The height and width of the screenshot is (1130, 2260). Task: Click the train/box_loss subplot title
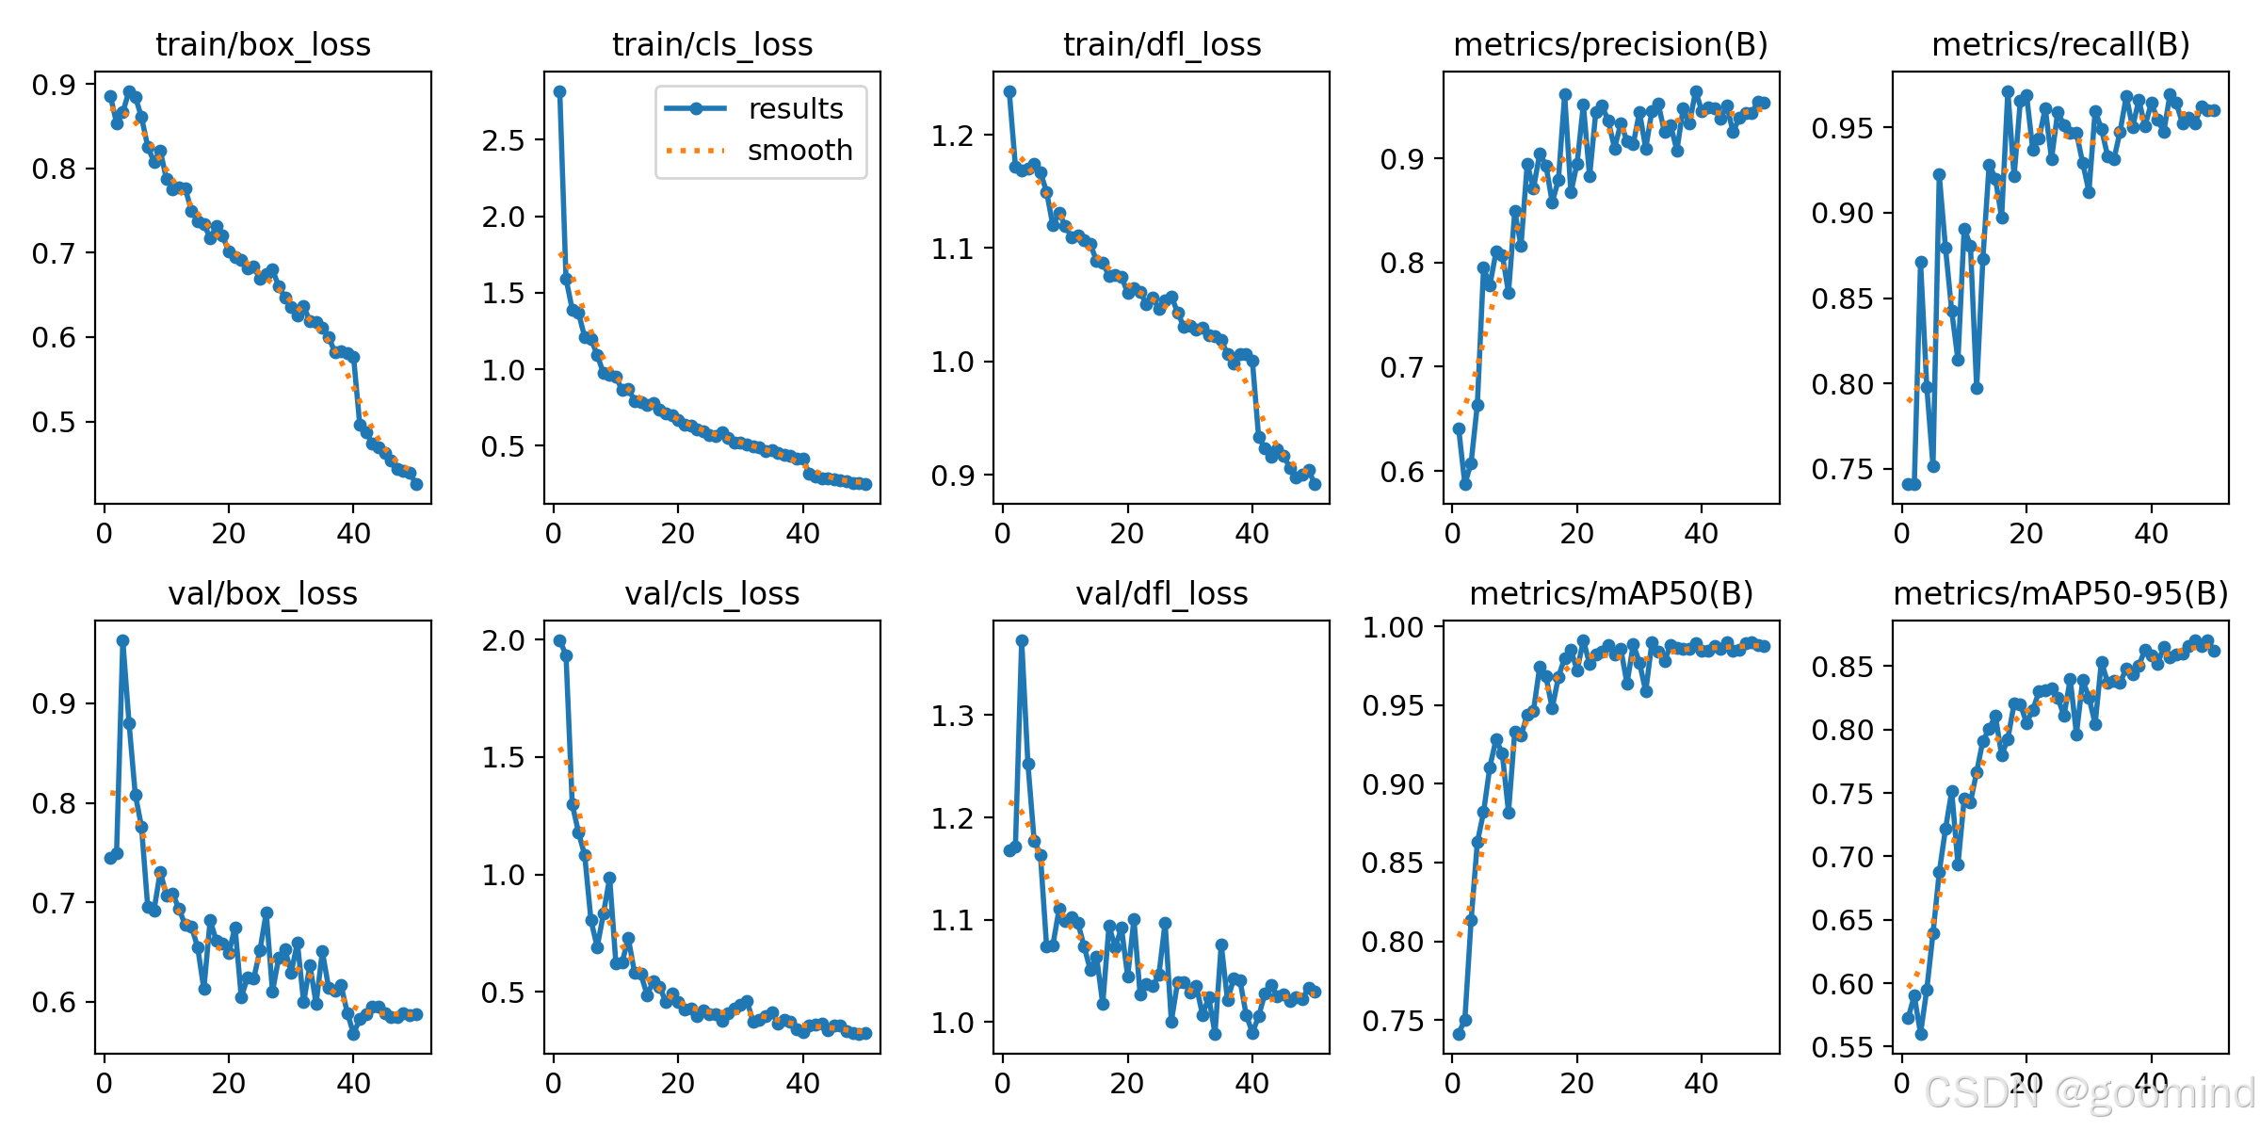tap(263, 44)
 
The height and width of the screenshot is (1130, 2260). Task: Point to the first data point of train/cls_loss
tap(559, 91)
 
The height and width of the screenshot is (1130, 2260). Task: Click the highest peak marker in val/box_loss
tap(122, 640)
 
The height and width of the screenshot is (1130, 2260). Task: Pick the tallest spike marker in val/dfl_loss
tap(1022, 640)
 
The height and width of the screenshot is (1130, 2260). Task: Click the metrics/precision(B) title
tap(1611, 44)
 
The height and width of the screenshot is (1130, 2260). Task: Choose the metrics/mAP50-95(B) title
tap(2061, 593)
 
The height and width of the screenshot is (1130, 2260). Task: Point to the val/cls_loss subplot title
tap(712, 593)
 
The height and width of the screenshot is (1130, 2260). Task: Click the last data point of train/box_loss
tap(416, 484)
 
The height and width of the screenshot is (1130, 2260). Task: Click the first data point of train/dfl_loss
tap(1009, 91)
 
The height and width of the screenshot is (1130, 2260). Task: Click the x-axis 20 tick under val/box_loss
tap(229, 1084)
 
